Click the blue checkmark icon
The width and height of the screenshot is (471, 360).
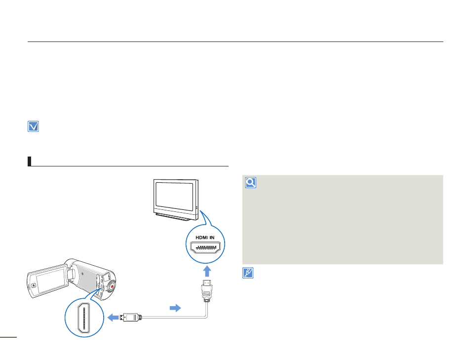coord(33,126)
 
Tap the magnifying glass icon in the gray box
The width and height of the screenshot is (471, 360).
coord(250,182)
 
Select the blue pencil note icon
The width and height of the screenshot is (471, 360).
coord(248,273)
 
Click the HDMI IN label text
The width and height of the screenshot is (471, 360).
coord(205,238)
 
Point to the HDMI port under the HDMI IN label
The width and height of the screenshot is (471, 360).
coord(205,247)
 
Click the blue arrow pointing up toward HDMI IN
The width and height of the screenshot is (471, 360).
coord(207,271)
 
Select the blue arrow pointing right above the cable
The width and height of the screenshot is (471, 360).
coord(175,308)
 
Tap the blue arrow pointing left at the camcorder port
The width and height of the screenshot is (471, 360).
coord(113,318)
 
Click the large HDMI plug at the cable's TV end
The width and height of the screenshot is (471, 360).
coord(207,290)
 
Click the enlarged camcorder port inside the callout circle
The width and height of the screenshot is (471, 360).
coord(84,318)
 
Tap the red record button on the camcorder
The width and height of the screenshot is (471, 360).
coord(112,287)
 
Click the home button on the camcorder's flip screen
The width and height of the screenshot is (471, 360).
coord(34,285)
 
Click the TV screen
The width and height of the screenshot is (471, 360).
coord(174,196)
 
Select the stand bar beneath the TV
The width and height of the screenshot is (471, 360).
coord(173,216)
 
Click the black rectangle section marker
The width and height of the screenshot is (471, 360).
coord(30,161)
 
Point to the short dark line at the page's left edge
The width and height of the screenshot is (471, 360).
coord(8,337)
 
